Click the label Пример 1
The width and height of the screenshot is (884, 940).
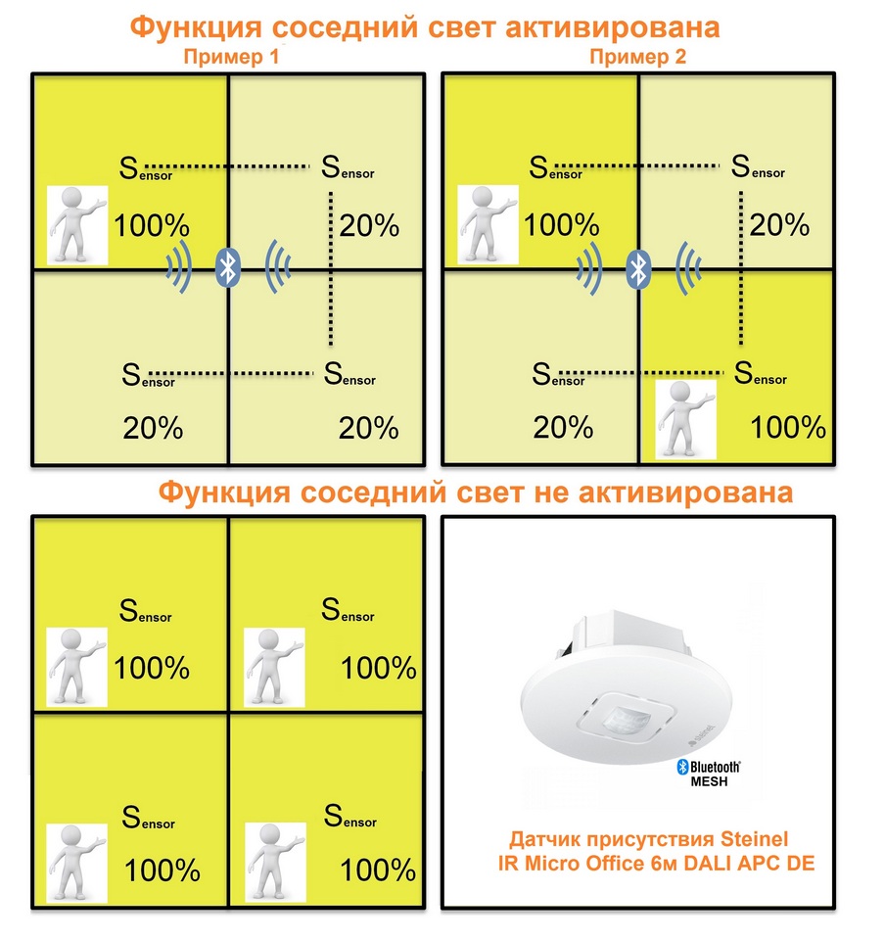pyautogui.click(x=231, y=57)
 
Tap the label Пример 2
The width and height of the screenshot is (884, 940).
pyautogui.click(x=637, y=57)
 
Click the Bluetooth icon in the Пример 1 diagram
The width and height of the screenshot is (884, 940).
pyautogui.click(x=228, y=267)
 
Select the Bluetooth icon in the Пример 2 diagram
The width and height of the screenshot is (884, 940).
pyautogui.click(x=638, y=268)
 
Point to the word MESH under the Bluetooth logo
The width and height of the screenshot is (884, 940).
pyautogui.click(x=709, y=781)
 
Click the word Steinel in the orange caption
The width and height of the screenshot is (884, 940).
pyautogui.click(x=754, y=839)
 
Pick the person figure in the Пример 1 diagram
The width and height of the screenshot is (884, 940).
pyautogui.click(x=77, y=225)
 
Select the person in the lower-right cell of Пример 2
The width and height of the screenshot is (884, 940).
pyautogui.click(x=686, y=420)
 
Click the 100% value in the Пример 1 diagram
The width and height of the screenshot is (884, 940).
pyautogui.click(x=152, y=226)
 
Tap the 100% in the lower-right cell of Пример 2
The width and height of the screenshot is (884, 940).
pyautogui.click(x=788, y=428)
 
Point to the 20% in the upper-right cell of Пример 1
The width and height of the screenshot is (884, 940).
pyautogui.click(x=369, y=226)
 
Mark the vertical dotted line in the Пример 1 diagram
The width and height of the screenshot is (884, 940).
pyautogui.click(x=331, y=268)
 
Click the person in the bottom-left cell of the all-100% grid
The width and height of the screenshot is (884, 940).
pyautogui.click(x=77, y=863)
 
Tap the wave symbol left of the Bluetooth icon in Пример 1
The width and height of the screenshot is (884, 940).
pyautogui.click(x=180, y=267)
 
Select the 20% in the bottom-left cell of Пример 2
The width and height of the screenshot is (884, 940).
pyautogui.click(x=563, y=428)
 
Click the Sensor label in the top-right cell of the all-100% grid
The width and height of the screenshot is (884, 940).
pyautogui.click(x=348, y=610)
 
